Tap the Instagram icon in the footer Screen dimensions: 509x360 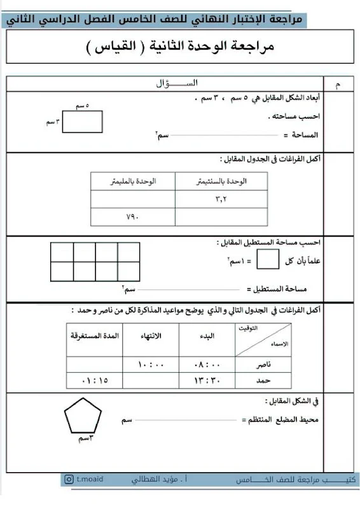click(x=69, y=479)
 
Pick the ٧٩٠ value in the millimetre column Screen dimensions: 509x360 click(x=132, y=217)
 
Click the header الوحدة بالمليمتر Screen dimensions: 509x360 click(x=132, y=181)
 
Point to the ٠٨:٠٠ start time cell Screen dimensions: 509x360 click(x=207, y=365)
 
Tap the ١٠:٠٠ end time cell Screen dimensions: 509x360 click(x=151, y=365)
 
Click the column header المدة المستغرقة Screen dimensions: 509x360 click(x=94, y=335)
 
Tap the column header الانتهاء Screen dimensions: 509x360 click(x=150, y=335)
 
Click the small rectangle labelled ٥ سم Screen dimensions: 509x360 click(x=83, y=122)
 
